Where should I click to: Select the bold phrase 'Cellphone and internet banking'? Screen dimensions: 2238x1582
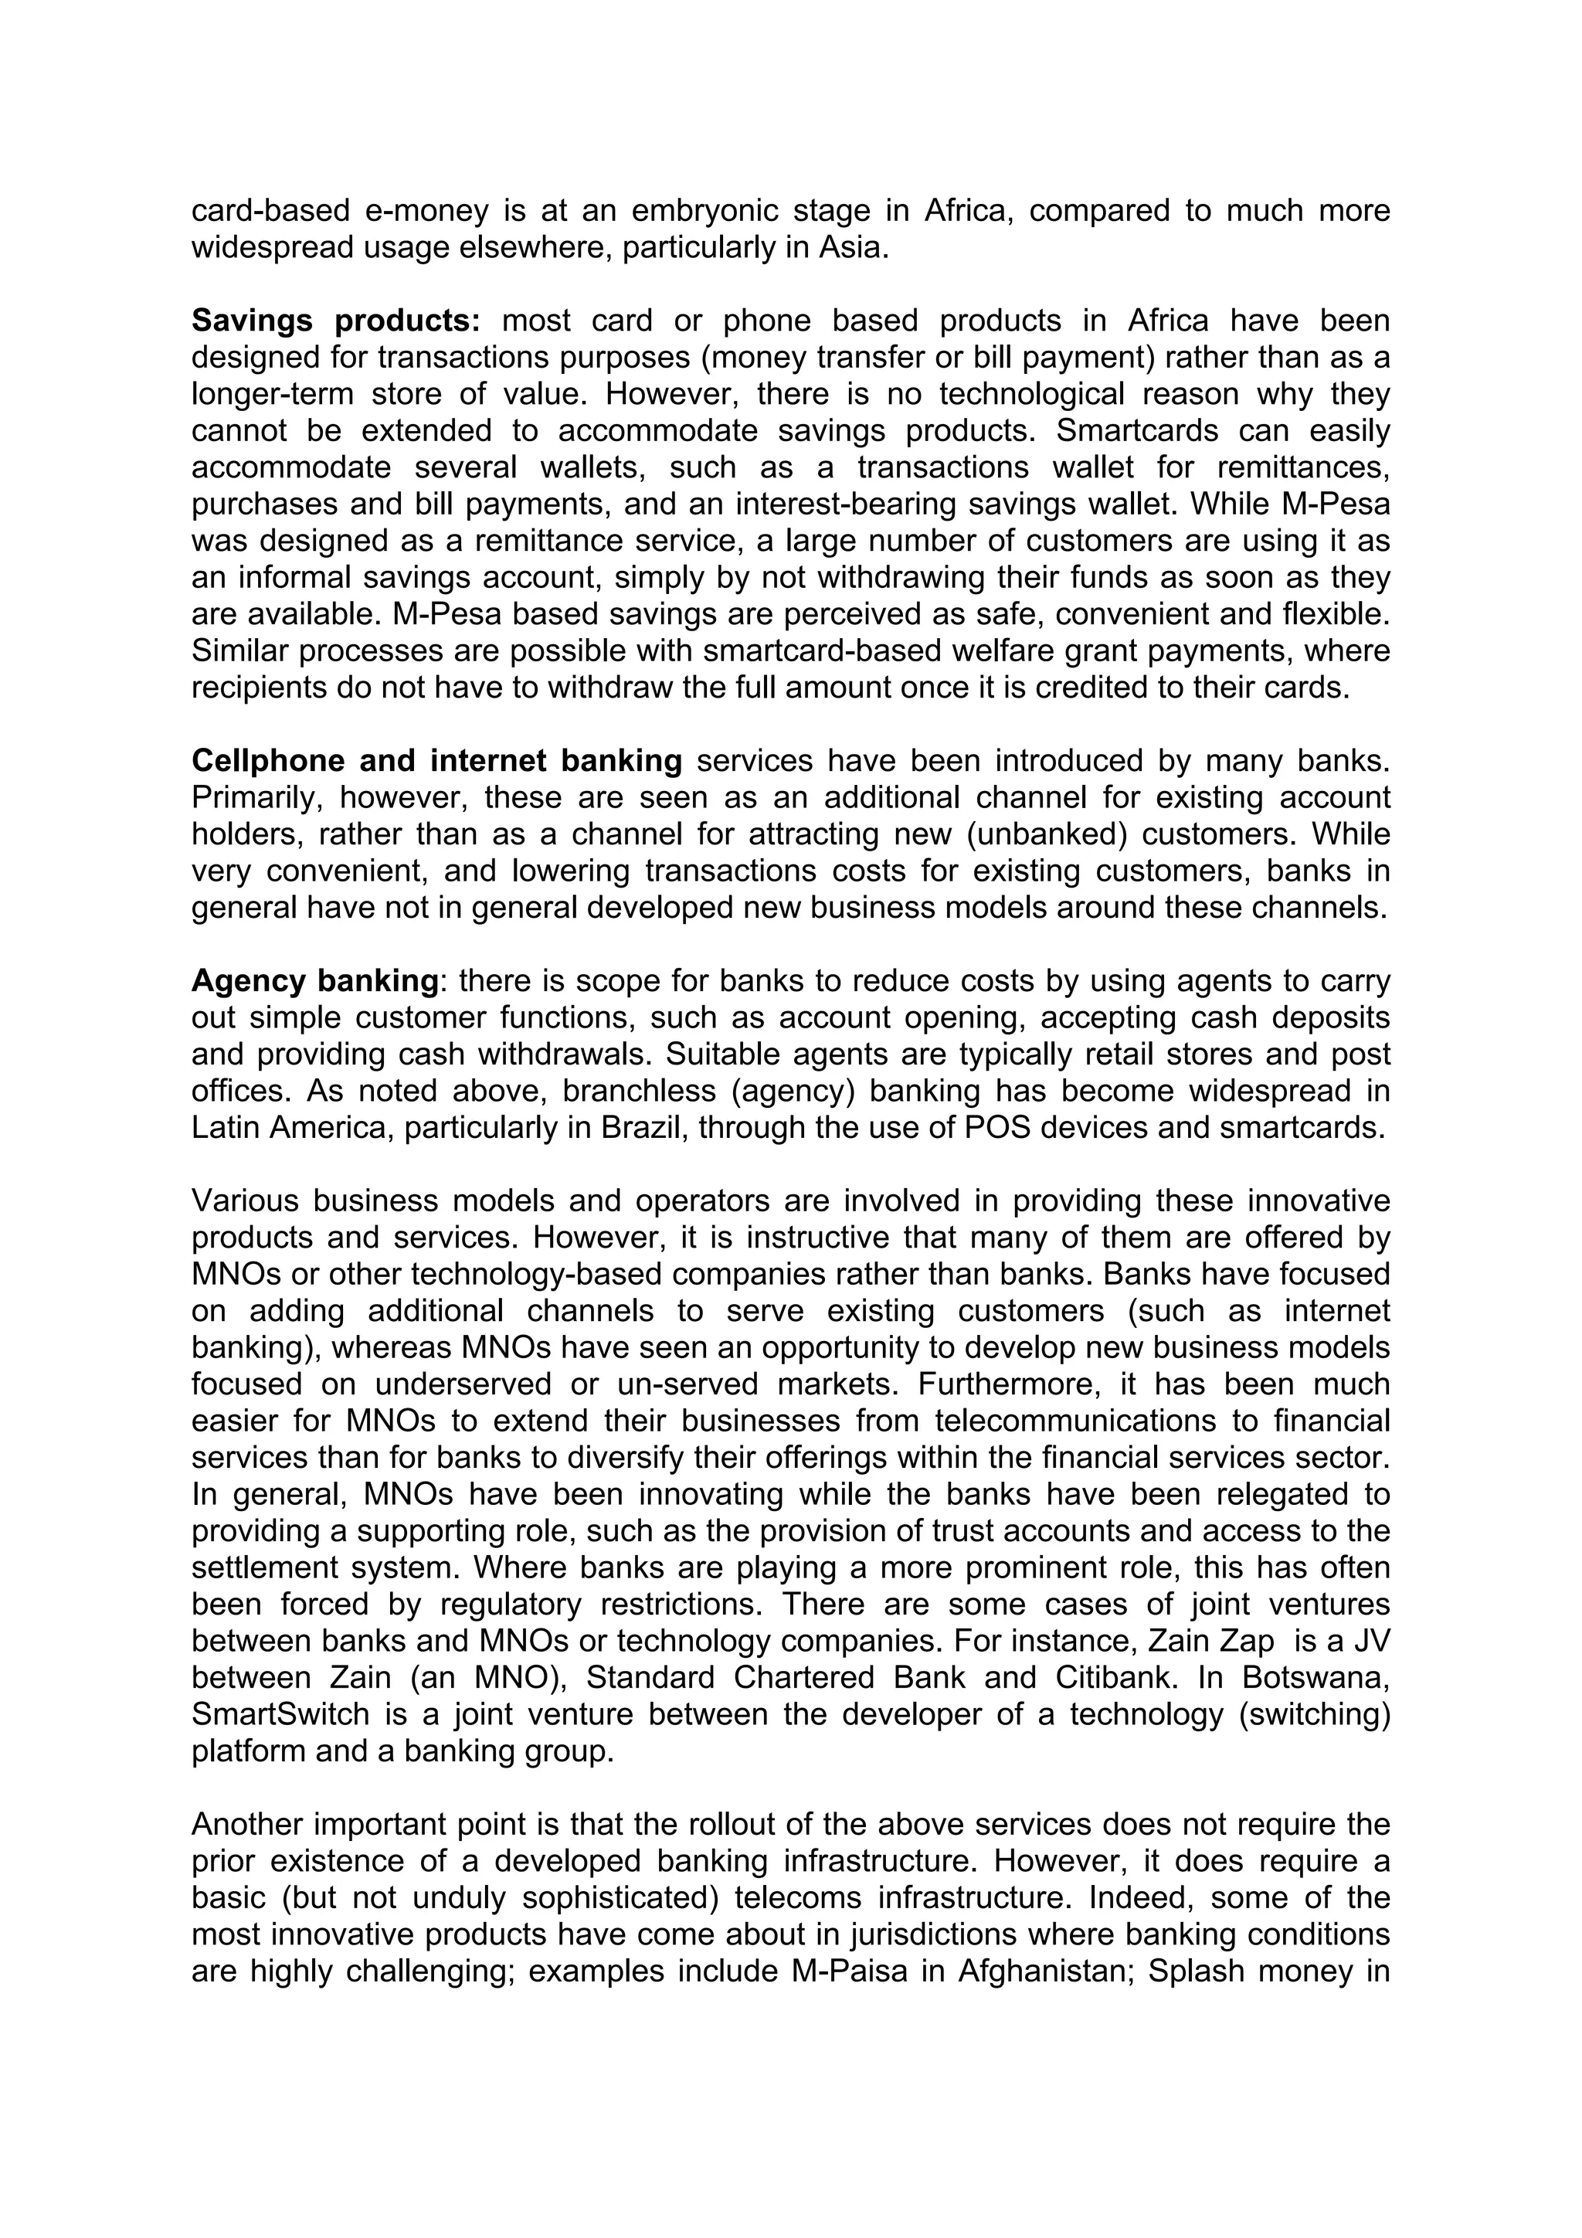(436, 760)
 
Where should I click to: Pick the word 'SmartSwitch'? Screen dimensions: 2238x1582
(280, 1713)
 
